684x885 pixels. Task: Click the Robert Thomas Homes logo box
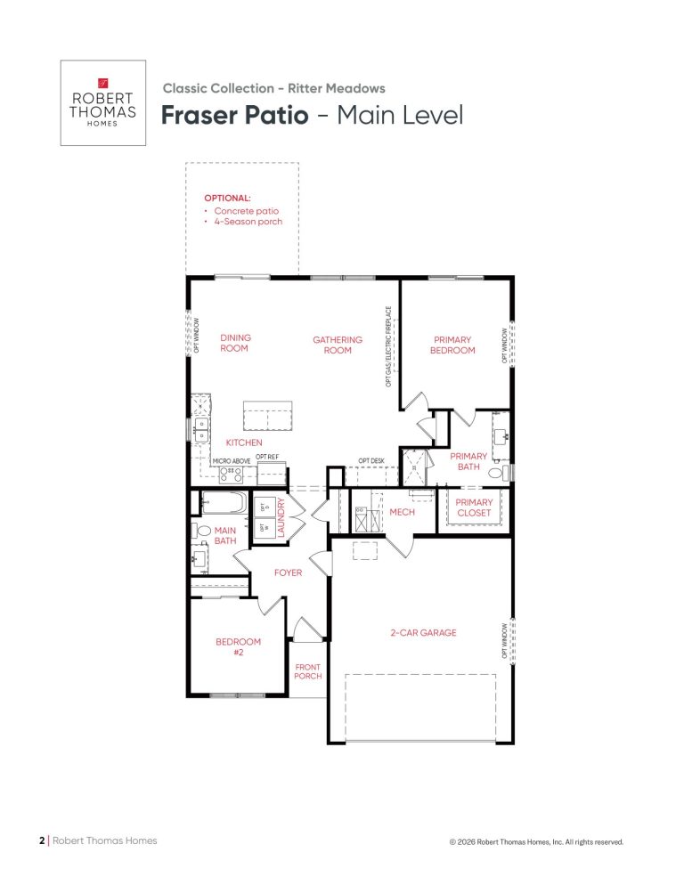102,102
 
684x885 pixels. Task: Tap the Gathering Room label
338,345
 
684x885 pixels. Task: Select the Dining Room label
236,344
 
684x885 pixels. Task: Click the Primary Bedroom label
452,345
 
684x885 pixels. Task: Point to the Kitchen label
243,442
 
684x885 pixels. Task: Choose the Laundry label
280,517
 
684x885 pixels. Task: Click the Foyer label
288,572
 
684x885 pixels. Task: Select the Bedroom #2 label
238,646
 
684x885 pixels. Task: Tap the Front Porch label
308,671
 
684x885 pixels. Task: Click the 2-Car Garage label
422,633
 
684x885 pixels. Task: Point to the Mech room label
402,512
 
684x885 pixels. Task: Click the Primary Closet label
474,507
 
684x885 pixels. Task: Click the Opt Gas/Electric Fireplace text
388,346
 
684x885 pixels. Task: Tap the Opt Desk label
371,460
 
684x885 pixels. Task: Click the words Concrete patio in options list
246,211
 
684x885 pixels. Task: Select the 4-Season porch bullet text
248,222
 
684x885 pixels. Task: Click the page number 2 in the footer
41,840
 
